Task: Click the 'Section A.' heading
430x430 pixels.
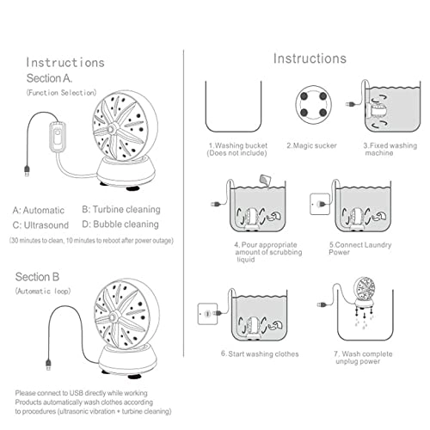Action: point(49,78)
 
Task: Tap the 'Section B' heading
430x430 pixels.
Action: point(37,277)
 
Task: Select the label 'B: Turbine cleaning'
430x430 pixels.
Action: point(121,209)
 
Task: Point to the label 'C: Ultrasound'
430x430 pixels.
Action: point(40,225)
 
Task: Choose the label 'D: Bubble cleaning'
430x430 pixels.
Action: point(120,224)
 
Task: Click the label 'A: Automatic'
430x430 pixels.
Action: point(39,210)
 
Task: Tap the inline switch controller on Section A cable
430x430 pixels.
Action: point(58,137)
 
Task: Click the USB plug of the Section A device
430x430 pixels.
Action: point(27,170)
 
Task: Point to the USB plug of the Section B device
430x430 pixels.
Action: point(48,365)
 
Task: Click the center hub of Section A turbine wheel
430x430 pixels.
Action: point(111,130)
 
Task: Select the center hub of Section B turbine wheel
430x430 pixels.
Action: point(113,316)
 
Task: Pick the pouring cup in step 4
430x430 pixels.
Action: point(264,180)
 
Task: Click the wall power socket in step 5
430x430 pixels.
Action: point(320,204)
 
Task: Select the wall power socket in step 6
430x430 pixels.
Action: point(207,314)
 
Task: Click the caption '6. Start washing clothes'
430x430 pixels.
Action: point(260,354)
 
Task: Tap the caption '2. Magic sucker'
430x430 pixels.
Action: point(312,145)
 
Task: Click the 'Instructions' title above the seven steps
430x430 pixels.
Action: point(310,58)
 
